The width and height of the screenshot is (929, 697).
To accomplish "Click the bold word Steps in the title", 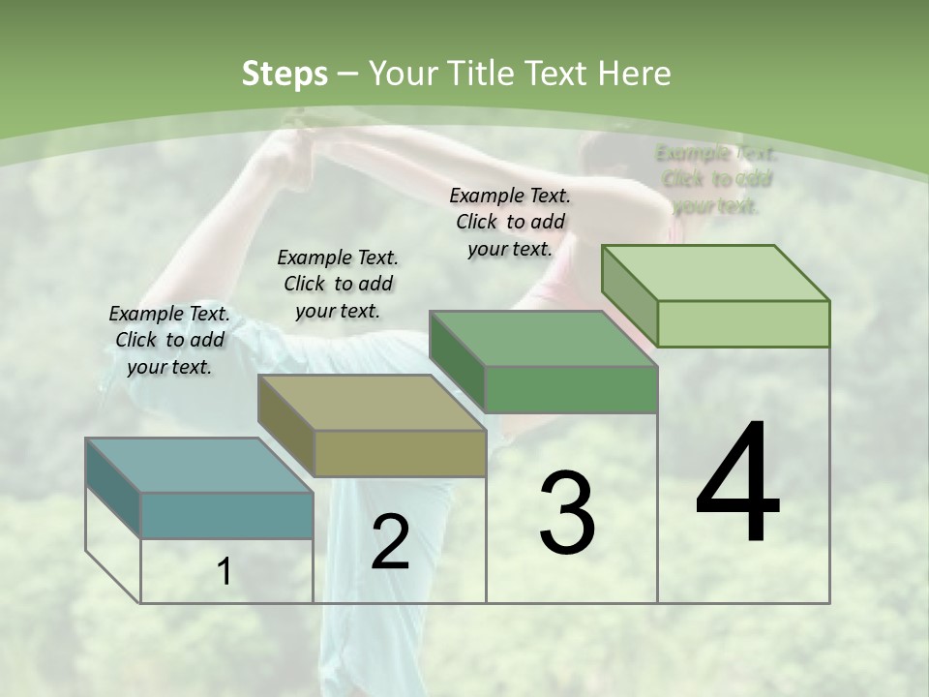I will click(x=285, y=74).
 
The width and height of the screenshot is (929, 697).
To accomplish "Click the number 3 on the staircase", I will click(x=567, y=513).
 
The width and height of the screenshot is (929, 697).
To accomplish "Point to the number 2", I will click(x=390, y=542).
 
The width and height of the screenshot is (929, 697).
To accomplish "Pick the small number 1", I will click(x=224, y=572).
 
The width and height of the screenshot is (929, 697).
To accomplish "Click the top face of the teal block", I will click(x=198, y=465).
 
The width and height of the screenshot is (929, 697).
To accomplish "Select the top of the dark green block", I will click(x=544, y=339).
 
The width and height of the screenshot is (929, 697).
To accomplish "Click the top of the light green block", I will click(x=716, y=273).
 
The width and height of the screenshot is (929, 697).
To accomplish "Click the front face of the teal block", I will click(x=227, y=515).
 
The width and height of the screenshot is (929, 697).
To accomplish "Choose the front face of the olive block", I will click(x=400, y=453).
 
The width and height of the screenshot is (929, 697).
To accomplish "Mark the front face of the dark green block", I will click(x=571, y=389).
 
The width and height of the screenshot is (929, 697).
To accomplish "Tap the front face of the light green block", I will click(x=743, y=323).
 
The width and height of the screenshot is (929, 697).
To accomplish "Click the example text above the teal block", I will click(x=169, y=340).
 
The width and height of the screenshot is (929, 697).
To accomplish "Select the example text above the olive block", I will click(x=338, y=284).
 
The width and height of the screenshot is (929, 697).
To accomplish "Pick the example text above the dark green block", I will click(x=510, y=222).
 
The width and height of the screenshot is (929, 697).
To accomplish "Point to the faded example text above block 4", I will click(x=716, y=179).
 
